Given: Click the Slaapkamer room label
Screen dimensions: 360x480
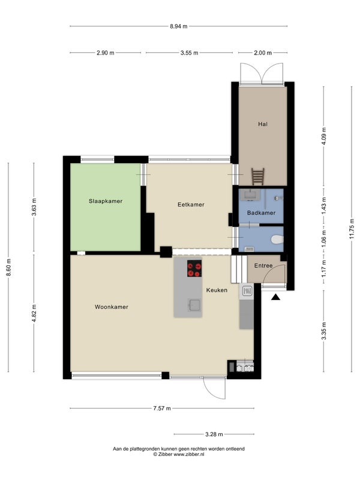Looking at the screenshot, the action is [x=106, y=201].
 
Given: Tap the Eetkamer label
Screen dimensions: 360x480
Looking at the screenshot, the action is [x=191, y=205].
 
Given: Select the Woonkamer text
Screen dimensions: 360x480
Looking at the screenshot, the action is [x=112, y=307].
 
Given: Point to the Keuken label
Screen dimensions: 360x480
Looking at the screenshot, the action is [x=217, y=290].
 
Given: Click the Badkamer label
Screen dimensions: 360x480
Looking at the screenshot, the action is [x=261, y=213].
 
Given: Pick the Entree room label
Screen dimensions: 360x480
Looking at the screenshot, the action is [x=263, y=266].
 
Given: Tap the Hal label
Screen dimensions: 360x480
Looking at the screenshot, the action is [x=263, y=124].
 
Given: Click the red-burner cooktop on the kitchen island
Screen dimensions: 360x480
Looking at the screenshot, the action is [x=194, y=268].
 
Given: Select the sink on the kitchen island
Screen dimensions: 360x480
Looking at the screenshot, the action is [x=194, y=305].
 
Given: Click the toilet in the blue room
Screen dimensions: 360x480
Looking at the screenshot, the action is [x=277, y=239].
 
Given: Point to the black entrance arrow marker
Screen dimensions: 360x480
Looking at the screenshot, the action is [x=276, y=297].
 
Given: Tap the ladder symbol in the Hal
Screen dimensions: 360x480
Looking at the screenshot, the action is [x=258, y=176].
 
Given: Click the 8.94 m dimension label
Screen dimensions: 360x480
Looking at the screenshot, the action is [x=179, y=26].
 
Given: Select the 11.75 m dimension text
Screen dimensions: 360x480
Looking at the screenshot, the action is [x=352, y=229].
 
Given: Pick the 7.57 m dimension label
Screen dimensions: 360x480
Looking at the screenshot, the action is [x=162, y=408].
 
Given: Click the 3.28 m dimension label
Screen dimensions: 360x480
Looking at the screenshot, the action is [x=214, y=434].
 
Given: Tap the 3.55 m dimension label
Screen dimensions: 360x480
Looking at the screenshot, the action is [x=189, y=53].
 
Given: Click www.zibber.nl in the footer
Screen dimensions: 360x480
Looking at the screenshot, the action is [x=189, y=455].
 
